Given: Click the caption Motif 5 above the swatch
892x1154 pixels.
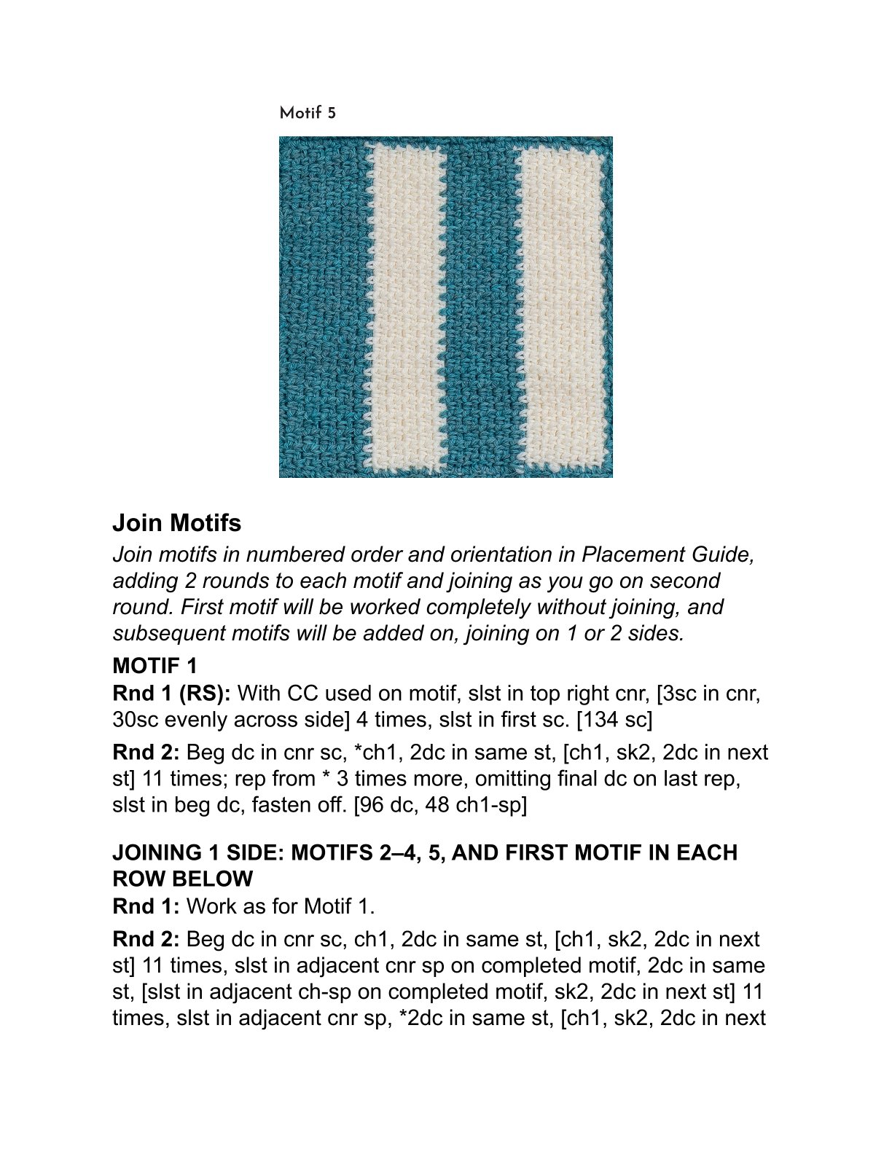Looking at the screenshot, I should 308,113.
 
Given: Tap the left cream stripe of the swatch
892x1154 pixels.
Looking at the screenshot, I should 405,306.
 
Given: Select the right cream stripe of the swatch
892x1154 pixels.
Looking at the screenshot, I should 562,306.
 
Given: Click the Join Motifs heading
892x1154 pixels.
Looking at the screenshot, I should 177,522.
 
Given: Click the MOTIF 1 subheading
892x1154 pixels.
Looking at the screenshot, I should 155,665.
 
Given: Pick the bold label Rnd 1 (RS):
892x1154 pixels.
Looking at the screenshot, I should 172,693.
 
